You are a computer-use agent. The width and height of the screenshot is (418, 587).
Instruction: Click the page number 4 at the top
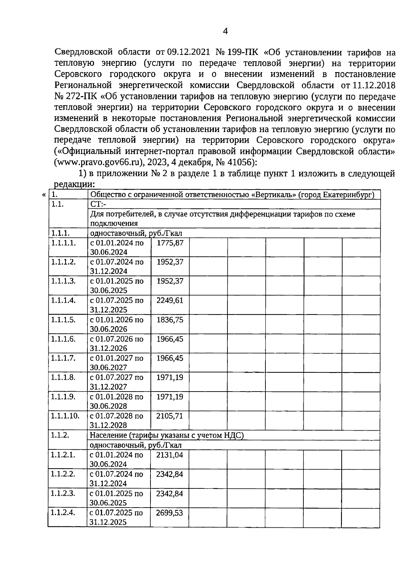pos(225,32)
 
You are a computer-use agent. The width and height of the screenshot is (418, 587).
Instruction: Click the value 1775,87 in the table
pos(170,243)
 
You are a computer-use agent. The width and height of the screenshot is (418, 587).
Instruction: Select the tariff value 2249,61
pos(170,300)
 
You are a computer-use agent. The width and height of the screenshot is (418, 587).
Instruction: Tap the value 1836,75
pos(170,320)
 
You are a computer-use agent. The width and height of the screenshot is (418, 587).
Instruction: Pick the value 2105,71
pos(170,416)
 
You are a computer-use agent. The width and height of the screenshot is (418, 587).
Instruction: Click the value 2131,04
pos(170,455)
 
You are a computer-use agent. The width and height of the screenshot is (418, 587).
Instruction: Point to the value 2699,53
pos(170,513)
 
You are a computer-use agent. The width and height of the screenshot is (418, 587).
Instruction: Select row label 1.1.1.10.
pos(65,416)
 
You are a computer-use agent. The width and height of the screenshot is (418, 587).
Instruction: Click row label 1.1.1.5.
pos(63,320)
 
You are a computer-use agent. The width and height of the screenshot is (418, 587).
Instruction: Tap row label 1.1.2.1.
pos(63,455)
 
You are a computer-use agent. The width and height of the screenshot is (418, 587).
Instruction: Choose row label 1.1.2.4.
pos(63,513)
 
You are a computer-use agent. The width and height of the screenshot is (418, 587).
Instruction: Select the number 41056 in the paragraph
pos(240,162)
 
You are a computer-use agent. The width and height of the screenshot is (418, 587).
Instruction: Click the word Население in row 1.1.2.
pos(107,435)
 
